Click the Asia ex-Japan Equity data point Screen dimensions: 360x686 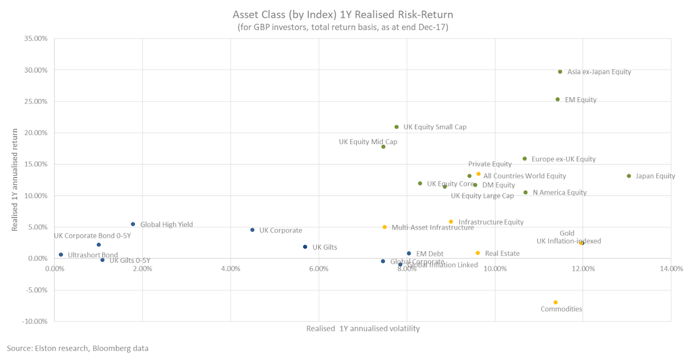coord(560,72)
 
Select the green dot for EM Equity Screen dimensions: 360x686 coord(557,99)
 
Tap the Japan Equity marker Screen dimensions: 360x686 coord(629,176)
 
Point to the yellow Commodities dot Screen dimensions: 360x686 coord(555,302)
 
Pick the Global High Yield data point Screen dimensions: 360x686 coord(133,224)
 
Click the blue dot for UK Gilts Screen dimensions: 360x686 coord(305,247)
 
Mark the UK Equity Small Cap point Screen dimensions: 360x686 coord(396,127)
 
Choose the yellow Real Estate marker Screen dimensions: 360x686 coord(477,253)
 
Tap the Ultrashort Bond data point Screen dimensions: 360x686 coord(61,255)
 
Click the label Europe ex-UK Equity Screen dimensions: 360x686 coord(563,159)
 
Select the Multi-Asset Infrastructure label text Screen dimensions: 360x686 coord(432,227)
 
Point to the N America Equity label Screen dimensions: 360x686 coord(559,193)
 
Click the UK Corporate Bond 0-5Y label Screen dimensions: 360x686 coord(93,235)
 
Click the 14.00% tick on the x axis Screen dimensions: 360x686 coord(671,269)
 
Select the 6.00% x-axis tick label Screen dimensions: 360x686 coord(318,269)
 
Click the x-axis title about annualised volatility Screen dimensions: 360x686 coord(362,329)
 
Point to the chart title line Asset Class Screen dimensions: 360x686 coord(343,14)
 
